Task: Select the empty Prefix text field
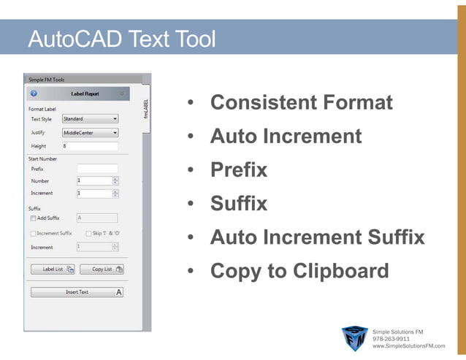97,169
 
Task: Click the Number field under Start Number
93,180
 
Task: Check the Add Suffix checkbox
34,218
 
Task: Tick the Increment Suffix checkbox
34,234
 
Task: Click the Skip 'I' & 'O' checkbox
88,234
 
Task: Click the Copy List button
102,269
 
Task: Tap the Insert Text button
77,292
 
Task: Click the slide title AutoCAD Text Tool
121,38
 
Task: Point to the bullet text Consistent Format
301,102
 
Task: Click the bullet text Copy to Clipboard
299,271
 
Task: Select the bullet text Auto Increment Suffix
317,237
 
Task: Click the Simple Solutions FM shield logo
355,338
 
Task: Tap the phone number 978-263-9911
391,339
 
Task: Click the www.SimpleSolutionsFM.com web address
408,346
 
